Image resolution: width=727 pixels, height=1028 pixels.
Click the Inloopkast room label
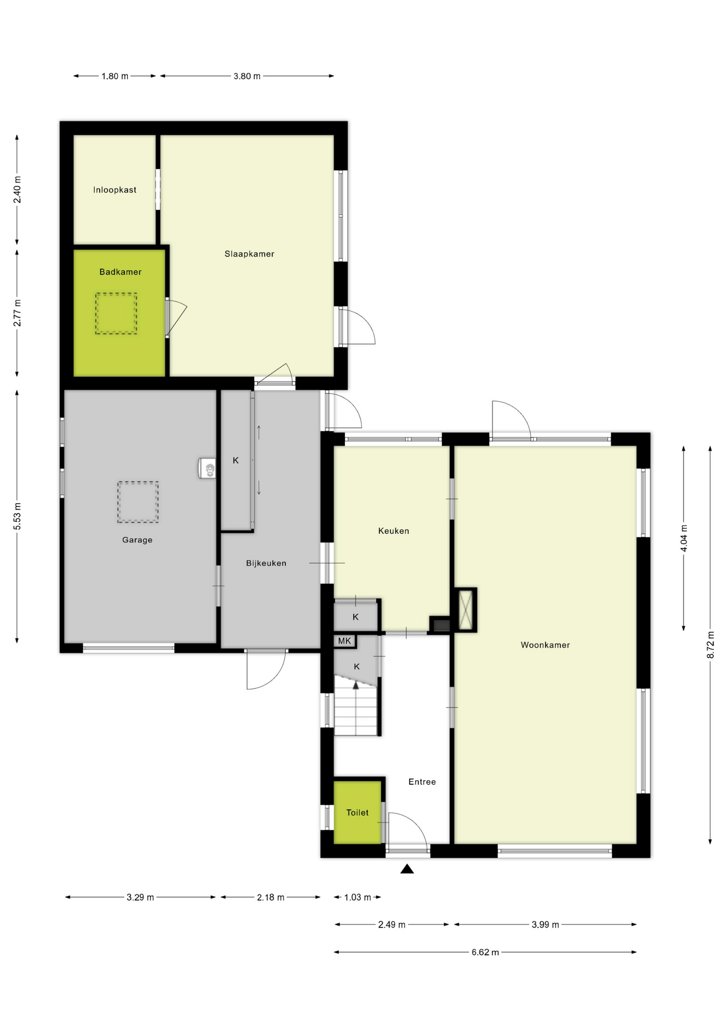click(115, 190)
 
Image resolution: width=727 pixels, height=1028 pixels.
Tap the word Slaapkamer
click(249, 254)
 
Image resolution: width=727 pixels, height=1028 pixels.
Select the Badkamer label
click(120, 272)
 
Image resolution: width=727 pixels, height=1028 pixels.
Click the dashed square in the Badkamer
click(116, 314)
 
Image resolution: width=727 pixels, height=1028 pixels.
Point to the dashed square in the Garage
click(138, 502)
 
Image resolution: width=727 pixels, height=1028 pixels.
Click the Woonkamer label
click(545, 645)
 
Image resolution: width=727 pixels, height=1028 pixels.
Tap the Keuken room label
click(393, 531)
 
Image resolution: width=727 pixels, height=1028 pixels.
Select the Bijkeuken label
click(266, 563)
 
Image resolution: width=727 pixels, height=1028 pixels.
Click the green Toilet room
click(357, 813)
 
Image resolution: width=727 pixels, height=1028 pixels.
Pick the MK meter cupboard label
click(344, 641)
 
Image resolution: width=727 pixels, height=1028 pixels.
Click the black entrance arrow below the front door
click(407, 869)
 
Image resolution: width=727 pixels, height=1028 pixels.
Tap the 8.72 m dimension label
click(710, 645)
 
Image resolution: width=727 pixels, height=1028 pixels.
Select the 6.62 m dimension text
click(485, 953)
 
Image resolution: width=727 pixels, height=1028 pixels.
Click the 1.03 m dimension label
click(357, 897)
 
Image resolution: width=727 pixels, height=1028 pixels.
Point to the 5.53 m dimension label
click(17, 517)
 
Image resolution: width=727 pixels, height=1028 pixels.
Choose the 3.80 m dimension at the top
click(247, 76)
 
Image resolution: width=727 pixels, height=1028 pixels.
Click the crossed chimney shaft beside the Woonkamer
click(466, 610)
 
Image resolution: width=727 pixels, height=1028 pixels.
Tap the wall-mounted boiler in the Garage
click(207, 468)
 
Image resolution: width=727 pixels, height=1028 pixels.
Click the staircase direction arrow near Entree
click(355, 685)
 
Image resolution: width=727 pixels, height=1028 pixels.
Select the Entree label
click(422, 782)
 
